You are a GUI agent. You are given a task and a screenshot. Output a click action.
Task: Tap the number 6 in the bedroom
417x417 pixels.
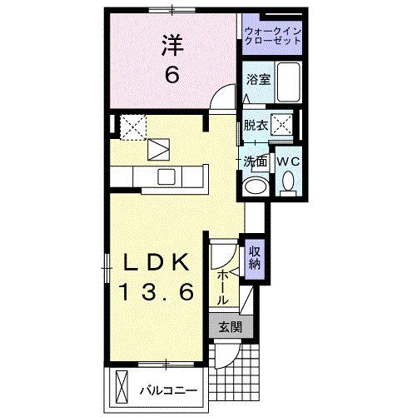point(171,74)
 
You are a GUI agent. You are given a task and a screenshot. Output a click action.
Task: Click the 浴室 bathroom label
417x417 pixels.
point(258,79)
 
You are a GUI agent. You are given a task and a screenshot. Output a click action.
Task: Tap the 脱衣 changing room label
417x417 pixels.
point(255,126)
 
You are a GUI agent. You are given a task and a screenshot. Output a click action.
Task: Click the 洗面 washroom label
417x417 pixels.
point(255,160)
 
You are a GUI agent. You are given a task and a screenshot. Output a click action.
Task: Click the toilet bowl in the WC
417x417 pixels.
point(288,181)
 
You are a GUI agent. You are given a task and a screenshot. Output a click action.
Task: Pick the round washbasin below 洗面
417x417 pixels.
point(256,186)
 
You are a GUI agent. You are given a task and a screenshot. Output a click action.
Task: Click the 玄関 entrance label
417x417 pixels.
point(231,327)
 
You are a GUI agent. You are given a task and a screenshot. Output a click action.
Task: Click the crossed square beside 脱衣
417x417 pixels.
point(284,126)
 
